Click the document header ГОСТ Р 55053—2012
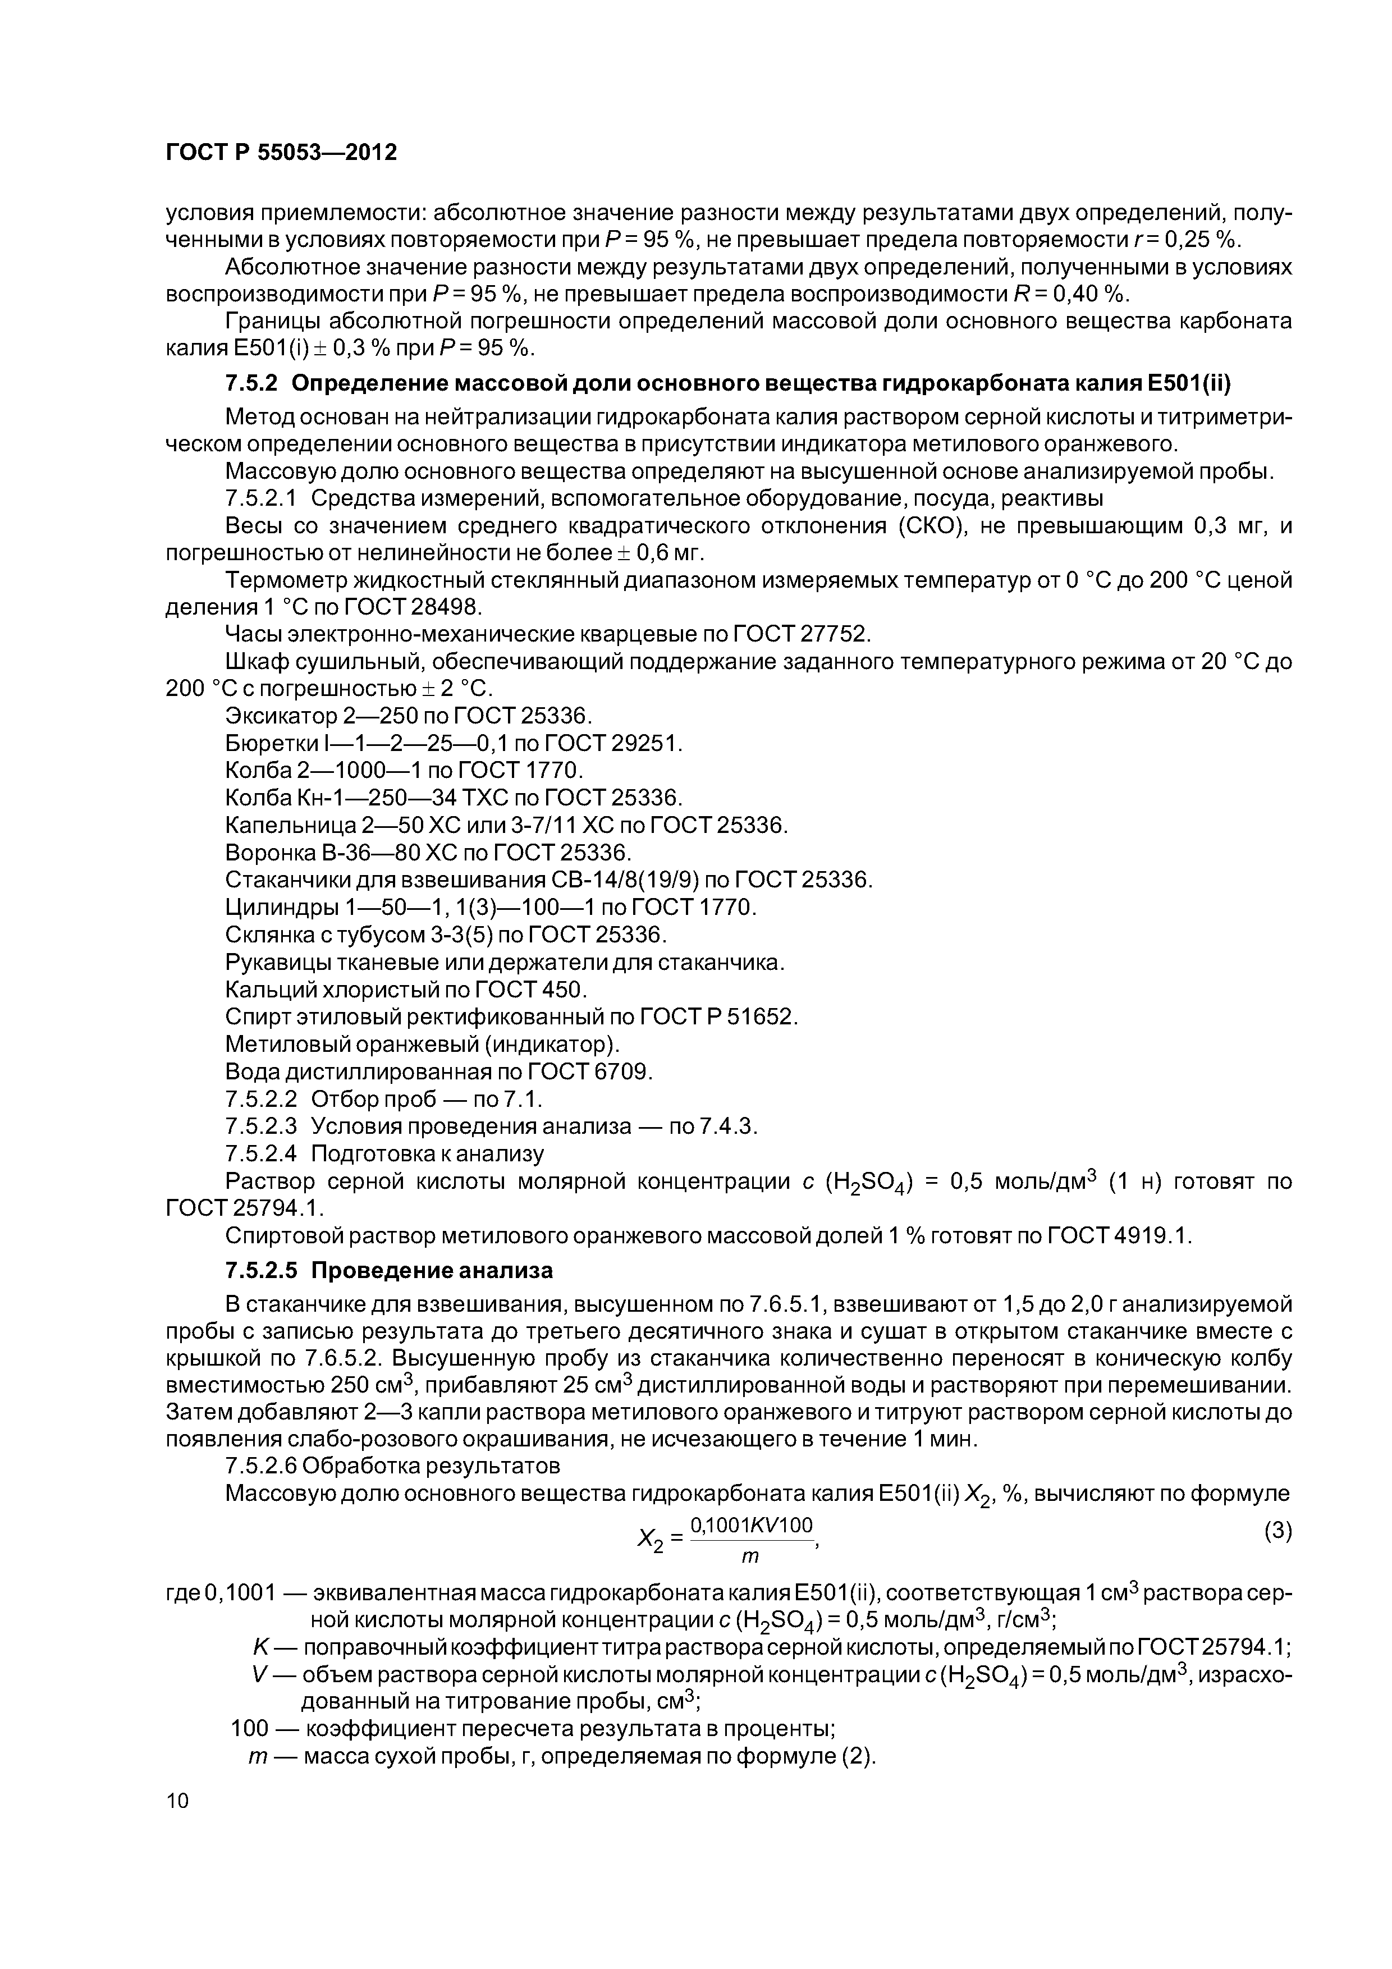click(281, 153)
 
